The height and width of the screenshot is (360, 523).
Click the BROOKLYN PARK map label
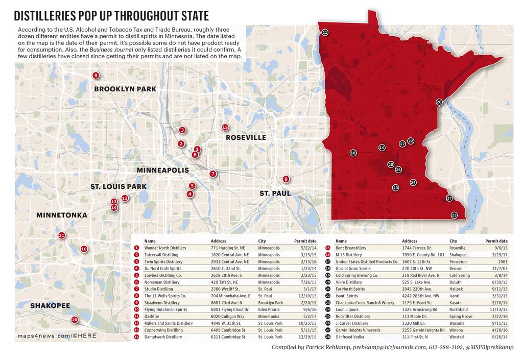coord(125,89)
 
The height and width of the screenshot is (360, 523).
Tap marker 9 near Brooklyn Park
coord(96,76)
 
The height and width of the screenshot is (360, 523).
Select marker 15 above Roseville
coord(225,127)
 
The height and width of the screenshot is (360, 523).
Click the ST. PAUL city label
coord(275,194)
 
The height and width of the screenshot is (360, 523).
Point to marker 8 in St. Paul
coord(286,179)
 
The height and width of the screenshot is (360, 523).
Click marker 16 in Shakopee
coord(75,320)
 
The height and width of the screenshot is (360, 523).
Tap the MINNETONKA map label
coord(61,215)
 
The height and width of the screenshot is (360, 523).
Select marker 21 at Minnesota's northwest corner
coord(325,33)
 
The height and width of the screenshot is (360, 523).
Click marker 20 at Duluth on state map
coord(439,102)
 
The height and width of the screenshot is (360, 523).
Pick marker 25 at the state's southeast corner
coord(454,215)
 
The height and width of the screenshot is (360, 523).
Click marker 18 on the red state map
coord(353,153)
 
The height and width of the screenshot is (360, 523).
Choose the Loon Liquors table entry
coord(346,309)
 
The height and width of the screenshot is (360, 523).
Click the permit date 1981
coord(502,261)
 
